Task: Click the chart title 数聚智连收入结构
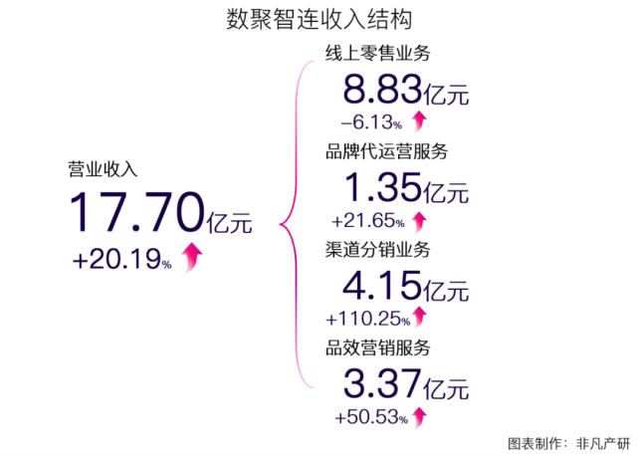(319, 20)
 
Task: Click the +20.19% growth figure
(122, 260)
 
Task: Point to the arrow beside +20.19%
(192, 257)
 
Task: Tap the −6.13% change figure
(371, 123)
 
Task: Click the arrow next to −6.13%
(418, 121)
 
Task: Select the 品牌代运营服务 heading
(386, 152)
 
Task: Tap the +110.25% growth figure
(365, 319)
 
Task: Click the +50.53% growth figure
(371, 416)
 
